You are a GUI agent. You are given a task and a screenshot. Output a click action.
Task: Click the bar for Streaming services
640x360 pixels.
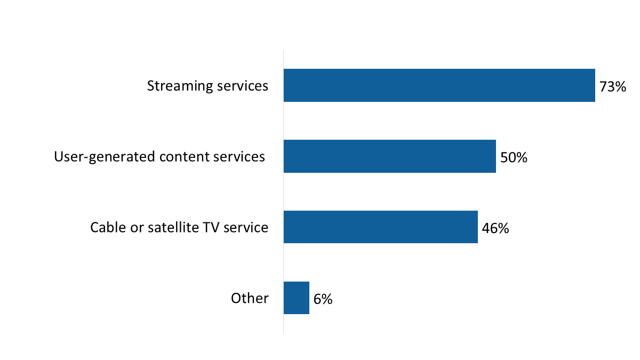pyautogui.click(x=439, y=85)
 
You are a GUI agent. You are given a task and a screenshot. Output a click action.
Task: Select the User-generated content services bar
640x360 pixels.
pyautogui.click(x=389, y=156)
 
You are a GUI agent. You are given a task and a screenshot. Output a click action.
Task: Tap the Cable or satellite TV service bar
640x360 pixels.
pyautogui.click(x=380, y=227)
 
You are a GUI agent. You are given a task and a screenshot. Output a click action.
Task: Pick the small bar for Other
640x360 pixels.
pyautogui.click(x=297, y=298)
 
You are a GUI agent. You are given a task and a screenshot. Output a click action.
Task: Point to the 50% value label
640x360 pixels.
pyautogui.click(x=514, y=157)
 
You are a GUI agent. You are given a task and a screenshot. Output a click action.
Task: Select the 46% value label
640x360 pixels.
pyautogui.click(x=495, y=228)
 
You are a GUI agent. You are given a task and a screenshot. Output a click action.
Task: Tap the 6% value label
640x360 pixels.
pyautogui.click(x=323, y=299)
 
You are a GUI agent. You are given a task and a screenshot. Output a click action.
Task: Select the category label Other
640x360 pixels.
pyautogui.click(x=250, y=298)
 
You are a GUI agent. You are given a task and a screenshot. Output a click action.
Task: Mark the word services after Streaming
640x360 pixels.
pyautogui.click(x=238, y=86)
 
